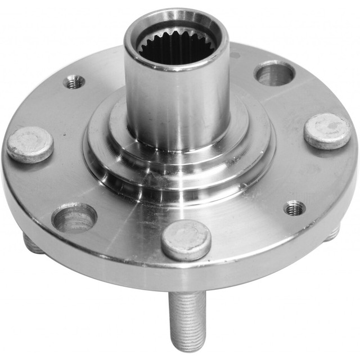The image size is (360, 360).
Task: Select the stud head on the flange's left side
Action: [30, 144]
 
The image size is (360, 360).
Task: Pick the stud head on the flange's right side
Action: [327, 130]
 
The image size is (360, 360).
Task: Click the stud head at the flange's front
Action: [186, 240]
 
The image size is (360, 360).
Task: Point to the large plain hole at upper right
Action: [274, 74]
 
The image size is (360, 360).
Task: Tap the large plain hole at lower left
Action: [74, 217]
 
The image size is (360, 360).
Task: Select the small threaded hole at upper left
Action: [74, 82]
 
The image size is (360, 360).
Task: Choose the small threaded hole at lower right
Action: [294, 208]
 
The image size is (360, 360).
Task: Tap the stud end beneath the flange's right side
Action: [333, 232]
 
